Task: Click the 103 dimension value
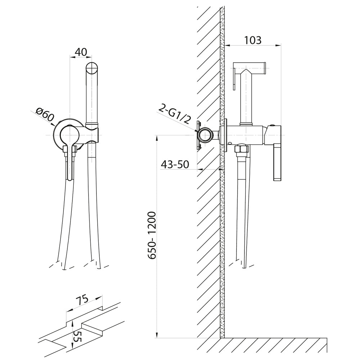pyautogui.click(x=253, y=40)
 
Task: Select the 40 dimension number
pyautogui.click(x=81, y=52)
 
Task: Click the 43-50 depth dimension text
pyautogui.click(x=175, y=165)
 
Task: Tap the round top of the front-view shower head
pyautogui.click(x=92, y=68)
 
